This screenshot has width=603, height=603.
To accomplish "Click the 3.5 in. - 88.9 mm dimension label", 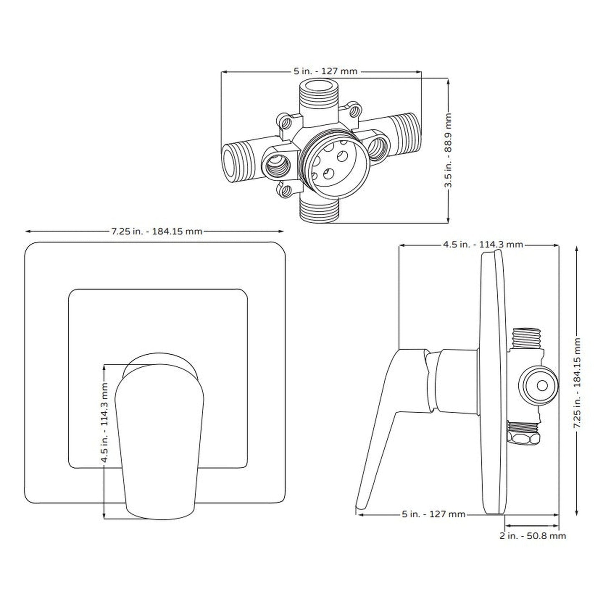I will pos(449,151).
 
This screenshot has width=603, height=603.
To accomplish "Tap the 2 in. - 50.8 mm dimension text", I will pos(532,535).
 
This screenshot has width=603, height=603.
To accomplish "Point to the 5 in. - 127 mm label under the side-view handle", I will pos(433,515).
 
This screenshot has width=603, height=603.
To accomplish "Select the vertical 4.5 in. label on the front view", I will pos(104,422).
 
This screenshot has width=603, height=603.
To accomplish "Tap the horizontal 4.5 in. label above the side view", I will pos(482,245).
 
